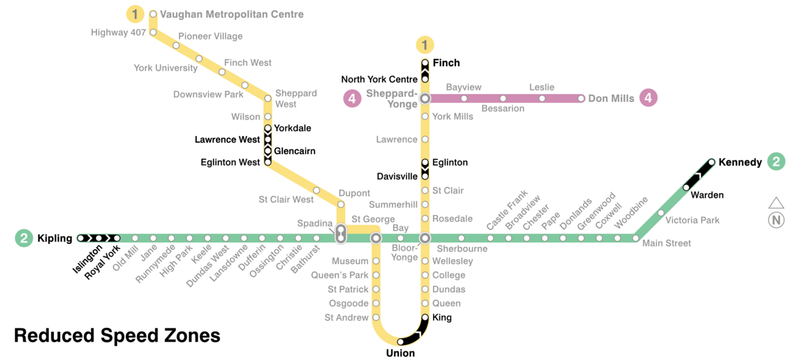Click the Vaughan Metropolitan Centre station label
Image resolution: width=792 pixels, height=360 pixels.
point(231,14)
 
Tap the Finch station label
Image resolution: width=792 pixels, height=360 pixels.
point(446,63)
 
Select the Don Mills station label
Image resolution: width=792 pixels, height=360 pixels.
point(611,98)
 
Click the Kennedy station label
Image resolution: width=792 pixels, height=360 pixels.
point(740,162)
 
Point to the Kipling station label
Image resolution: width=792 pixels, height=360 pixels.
point(54,238)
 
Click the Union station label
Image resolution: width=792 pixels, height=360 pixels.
point(400,353)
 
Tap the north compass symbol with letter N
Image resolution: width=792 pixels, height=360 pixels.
point(776,220)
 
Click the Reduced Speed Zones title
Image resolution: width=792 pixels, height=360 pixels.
point(117,335)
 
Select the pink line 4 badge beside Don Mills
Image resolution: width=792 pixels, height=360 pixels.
point(648,98)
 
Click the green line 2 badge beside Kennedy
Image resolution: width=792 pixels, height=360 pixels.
point(776,162)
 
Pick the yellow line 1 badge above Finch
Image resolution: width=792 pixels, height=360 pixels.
point(425,45)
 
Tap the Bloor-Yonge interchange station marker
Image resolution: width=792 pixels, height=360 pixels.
point(425,238)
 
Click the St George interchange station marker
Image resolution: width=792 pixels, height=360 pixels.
point(376,238)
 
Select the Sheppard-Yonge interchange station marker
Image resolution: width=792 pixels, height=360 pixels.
point(425,98)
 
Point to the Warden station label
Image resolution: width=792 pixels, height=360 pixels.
point(707,195)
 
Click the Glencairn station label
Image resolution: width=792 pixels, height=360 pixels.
point(295,151)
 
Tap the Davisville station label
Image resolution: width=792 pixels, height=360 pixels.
point(397,177)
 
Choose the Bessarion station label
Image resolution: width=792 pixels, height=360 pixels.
point(502,109)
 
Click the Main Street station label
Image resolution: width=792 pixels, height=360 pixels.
point(666,244)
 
